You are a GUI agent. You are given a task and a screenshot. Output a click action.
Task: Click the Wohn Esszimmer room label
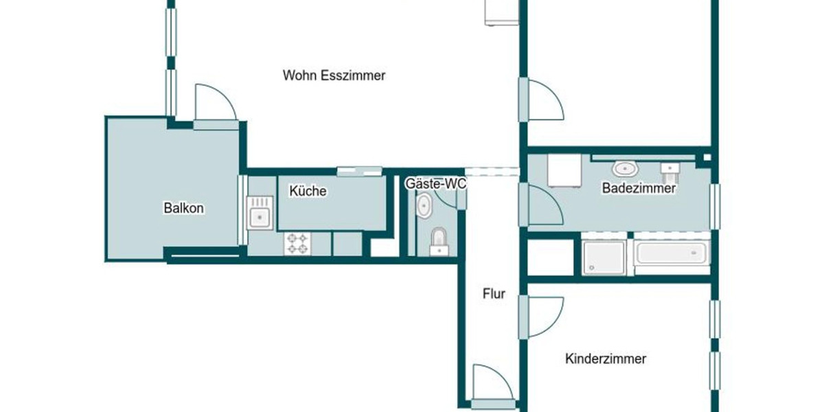click(334, 76)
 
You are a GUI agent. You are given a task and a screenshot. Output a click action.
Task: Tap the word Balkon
click(183, 208)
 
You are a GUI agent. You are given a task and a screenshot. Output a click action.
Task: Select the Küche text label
click(308, 192)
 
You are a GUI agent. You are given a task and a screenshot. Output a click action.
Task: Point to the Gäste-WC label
click(435, 183)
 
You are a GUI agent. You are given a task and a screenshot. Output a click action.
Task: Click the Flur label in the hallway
click(494, 295)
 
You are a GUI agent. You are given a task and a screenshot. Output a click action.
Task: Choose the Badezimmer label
click(639, 188)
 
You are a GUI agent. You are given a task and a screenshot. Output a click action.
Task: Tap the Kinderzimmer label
click(606, 358)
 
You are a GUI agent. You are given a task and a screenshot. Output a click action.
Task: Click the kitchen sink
click(260, 212)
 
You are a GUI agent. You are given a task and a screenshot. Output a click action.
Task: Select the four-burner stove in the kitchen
click(297, 244)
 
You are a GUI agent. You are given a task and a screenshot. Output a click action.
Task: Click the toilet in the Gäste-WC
click(438, 241)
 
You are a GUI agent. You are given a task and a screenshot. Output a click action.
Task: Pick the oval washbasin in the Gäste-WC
click(424, 205)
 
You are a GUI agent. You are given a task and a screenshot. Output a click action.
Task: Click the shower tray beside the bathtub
click(604, 257)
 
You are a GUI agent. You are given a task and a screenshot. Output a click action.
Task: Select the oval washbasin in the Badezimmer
click(624, 168)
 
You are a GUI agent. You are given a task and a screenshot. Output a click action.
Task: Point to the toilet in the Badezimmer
click(669, 168)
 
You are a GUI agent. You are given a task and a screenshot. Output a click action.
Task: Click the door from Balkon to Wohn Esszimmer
click(214, 110)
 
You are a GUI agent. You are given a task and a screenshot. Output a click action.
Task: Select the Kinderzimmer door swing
click(542, 316)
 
